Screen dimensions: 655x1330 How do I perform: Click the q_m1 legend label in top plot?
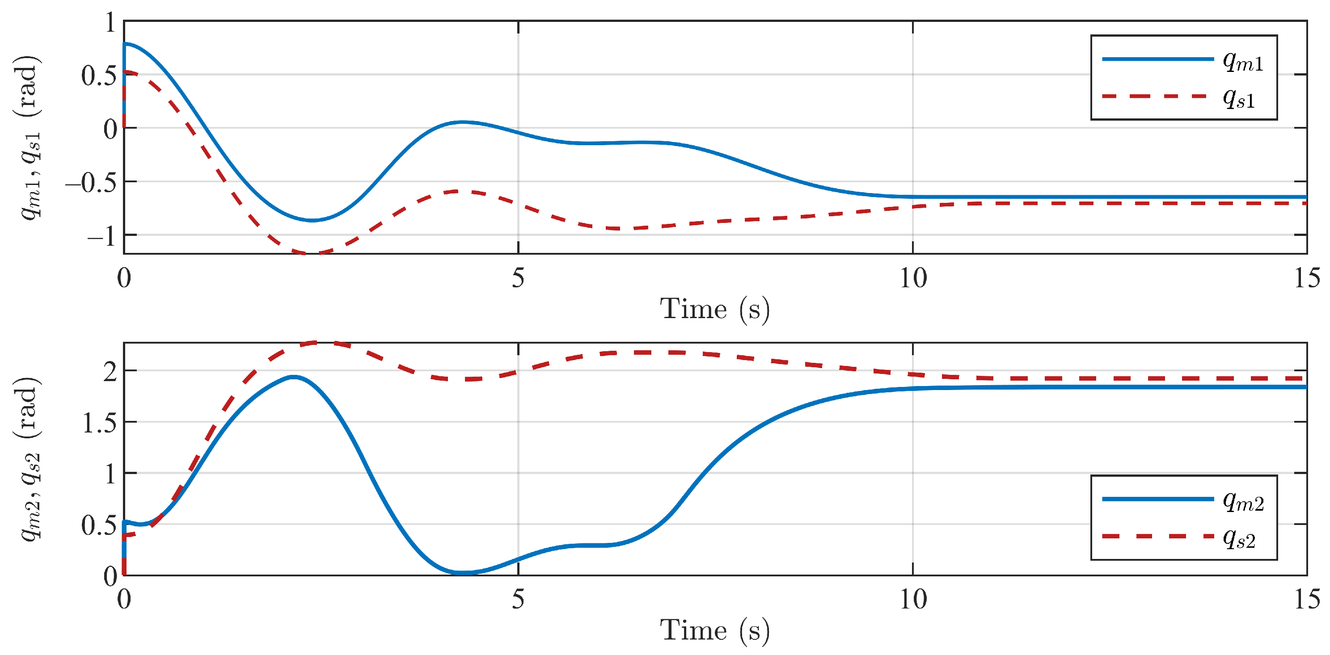(1243, 63)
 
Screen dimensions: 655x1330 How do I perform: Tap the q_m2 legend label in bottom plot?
(1243, 502)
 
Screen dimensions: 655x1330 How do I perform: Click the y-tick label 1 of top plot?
(110, 23)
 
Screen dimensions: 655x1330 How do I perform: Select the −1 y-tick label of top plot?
(102, 237)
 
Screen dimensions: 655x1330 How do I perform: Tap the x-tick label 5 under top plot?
(518, 279)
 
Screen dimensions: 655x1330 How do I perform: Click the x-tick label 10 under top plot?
(913, 279)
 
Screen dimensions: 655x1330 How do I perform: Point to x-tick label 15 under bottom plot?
(1307, 600)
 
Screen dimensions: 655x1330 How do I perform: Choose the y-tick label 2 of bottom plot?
(110, 372)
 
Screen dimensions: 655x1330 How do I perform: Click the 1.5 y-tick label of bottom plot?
(99, 423)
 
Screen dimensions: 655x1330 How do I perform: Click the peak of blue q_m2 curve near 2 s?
(294, 377)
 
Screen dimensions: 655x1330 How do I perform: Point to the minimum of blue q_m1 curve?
(312, 220)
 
